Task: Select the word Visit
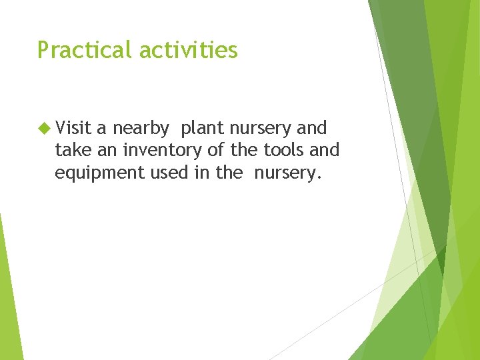tap(73, 127)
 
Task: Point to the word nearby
tap(140, 128)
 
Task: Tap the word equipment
tap(95, 173)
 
